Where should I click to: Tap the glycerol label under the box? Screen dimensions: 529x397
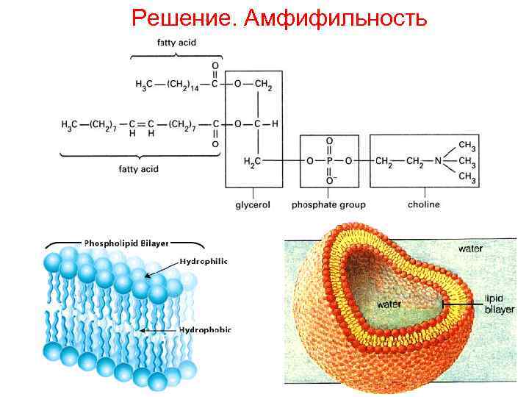click(252, 204)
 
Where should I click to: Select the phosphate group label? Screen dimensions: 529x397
click(328, 204)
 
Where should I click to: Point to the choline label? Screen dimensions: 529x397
click(424, 204)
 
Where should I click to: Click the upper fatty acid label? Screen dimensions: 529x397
click(177, 43)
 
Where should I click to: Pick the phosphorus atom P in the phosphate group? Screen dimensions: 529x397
click(329, 160)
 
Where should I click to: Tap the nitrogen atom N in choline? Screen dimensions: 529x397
click(437, 160)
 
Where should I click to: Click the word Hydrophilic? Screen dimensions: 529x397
click(204, 261)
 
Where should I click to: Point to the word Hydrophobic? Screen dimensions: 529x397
click(205, 330)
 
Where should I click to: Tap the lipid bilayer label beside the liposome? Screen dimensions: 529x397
click(494, 304)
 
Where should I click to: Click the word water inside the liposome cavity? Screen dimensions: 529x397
click(389, 303)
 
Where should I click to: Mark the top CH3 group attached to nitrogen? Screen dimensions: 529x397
click(467, 144)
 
